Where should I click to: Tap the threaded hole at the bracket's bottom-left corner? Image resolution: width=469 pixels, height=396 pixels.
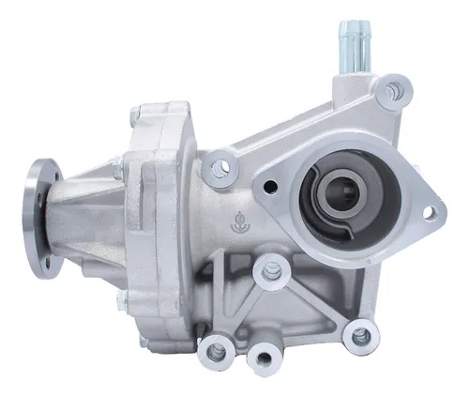coord(217,351)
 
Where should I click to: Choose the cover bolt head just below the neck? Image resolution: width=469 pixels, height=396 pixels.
coord(119,272)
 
